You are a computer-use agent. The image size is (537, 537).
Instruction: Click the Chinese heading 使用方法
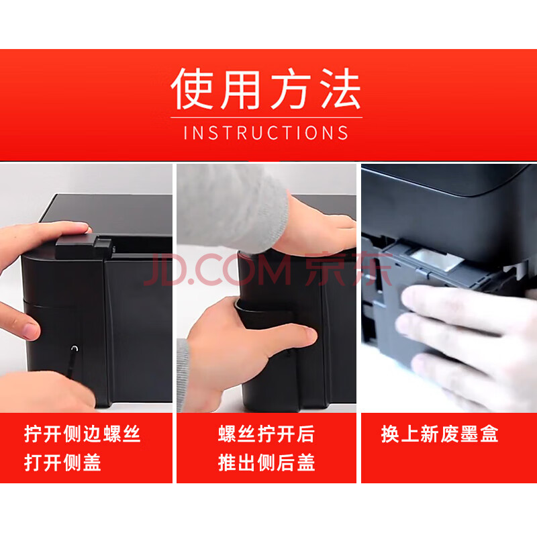pyautogui.click(x=266, y=89)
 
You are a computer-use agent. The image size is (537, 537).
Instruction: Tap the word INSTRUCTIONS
pyautogui.click(x=266, y=133)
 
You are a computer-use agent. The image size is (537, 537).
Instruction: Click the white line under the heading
pyautogui.click(x=266, y=117)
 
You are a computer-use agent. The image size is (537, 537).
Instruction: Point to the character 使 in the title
pyautogui.click(x=192, y=89)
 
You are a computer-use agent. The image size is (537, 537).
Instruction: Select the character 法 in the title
pyautogui.click(x=340, y=89)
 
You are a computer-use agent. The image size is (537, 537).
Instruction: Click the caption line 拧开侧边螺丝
pyautogui.click(x=82, y=434)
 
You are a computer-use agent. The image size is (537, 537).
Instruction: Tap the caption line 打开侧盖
pyautogui.click(x=62, y=462)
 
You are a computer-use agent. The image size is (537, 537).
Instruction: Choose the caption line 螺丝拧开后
pyautogui.click(x=266, y=434)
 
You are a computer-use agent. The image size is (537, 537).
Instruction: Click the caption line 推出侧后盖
pyautogui.click(x=266, y=462)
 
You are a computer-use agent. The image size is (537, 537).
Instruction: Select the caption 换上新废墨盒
pyautogui.click(x=440, y=434)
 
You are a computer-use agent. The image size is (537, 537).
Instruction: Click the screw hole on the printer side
pyautogui.click(x=75, y=348)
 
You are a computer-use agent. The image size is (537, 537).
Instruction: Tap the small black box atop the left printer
pyautogui.click(x=83, y=246)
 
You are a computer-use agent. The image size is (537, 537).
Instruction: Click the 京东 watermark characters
pyautogui.click(x=348, y=269)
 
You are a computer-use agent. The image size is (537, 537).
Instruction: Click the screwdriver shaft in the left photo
pyautogui.click(x=72, y=363)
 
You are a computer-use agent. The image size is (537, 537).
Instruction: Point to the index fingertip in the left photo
pyautogui.click(x=29, y=329)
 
